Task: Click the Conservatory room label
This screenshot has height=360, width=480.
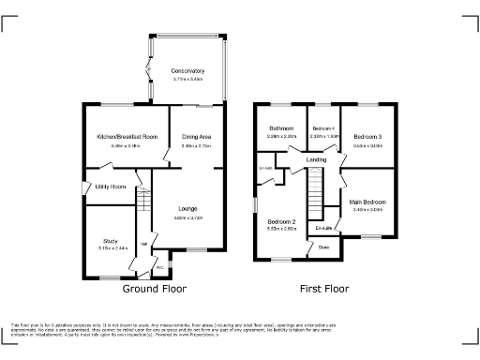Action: [187, 71]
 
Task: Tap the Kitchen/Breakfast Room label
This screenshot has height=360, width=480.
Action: [125, 137]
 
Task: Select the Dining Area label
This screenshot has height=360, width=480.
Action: [194, 137]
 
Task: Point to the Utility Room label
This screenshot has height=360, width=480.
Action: [111, 187]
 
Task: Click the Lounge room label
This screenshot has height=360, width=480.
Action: [187, 208]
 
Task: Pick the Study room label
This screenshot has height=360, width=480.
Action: [111, 241]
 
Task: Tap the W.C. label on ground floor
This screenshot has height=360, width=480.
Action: [159, 267]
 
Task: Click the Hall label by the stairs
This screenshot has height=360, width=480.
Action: [143, 245]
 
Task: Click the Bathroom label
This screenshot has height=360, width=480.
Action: [282, 127]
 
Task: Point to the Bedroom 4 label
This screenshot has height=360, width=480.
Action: [323, 127]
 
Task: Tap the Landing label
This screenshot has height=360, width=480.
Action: [317, 160]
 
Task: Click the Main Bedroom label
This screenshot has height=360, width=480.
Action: [367, 201]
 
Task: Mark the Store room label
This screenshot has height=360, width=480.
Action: [323, 247]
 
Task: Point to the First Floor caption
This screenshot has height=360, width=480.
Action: [324, 290]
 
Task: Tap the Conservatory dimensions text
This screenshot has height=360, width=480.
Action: [187, 80]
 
